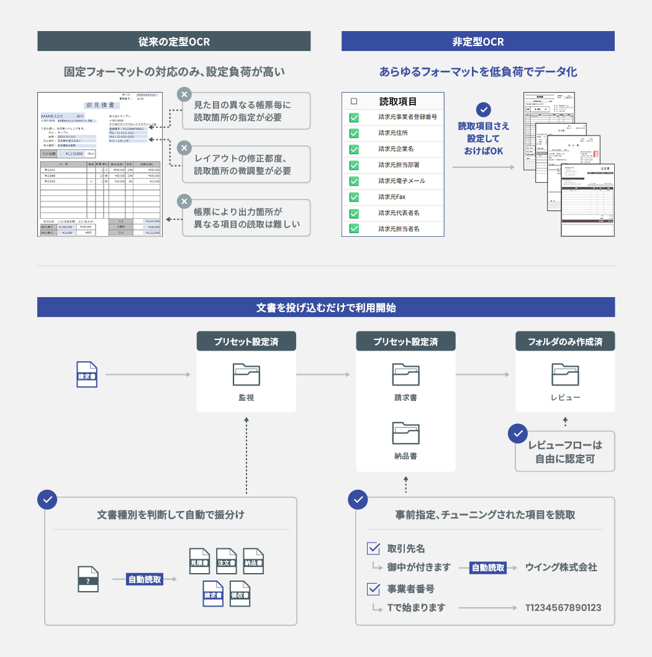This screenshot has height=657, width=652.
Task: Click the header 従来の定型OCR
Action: [x=174, y=42]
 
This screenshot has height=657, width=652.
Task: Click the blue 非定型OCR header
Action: [x=478, y=42]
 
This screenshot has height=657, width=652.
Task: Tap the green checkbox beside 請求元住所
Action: [x=354, y=133]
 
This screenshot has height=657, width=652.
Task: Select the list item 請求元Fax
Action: [x=392, y=197]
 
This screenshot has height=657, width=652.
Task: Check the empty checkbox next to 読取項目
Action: [x=354, y=101]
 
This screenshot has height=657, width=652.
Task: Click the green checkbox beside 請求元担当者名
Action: [x=354, y=229]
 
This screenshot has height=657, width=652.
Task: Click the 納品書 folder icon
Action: [x=405, y=433]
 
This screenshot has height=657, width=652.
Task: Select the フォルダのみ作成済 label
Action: [x=565, y=341]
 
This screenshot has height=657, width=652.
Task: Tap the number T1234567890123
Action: [x=563, y=608]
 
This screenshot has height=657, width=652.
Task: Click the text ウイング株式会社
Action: [x=561, y=567]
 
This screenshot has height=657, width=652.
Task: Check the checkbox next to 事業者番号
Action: [x=374, y=589]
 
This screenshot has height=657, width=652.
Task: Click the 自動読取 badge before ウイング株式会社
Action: [x=488, y=567]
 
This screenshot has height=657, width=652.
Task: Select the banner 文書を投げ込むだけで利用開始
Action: [x=326, y=307]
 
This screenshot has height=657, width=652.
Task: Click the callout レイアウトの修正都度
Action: [x=247, y=165]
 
